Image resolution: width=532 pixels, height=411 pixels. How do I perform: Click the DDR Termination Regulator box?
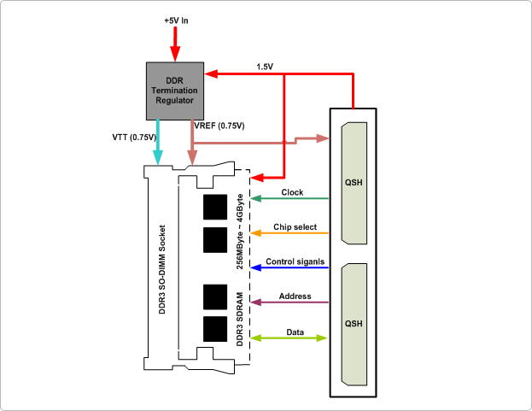click(x=174, y=88)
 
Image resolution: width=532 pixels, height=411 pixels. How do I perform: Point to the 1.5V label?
click(x=265, y=66)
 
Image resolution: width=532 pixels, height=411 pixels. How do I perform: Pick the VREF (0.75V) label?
click(x=219, y=126)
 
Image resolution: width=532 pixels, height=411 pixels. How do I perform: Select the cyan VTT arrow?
click(x=157, y=141)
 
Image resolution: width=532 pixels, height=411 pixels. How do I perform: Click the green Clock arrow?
click(x=290, y=199)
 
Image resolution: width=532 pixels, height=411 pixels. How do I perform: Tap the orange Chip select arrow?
click(x=290, y=233)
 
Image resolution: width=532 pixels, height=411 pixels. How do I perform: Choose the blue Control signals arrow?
click(x=290, y=267)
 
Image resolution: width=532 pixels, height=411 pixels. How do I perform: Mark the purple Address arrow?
click(x=290, y=302)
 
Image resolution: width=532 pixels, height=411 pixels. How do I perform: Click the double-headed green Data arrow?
click(x=290, y=338)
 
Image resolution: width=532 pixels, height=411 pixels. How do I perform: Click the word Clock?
click(x=292, y=192)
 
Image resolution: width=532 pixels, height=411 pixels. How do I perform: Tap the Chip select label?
click(x=295, y=227)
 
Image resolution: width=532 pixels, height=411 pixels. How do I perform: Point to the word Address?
click(x=295, y=296)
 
